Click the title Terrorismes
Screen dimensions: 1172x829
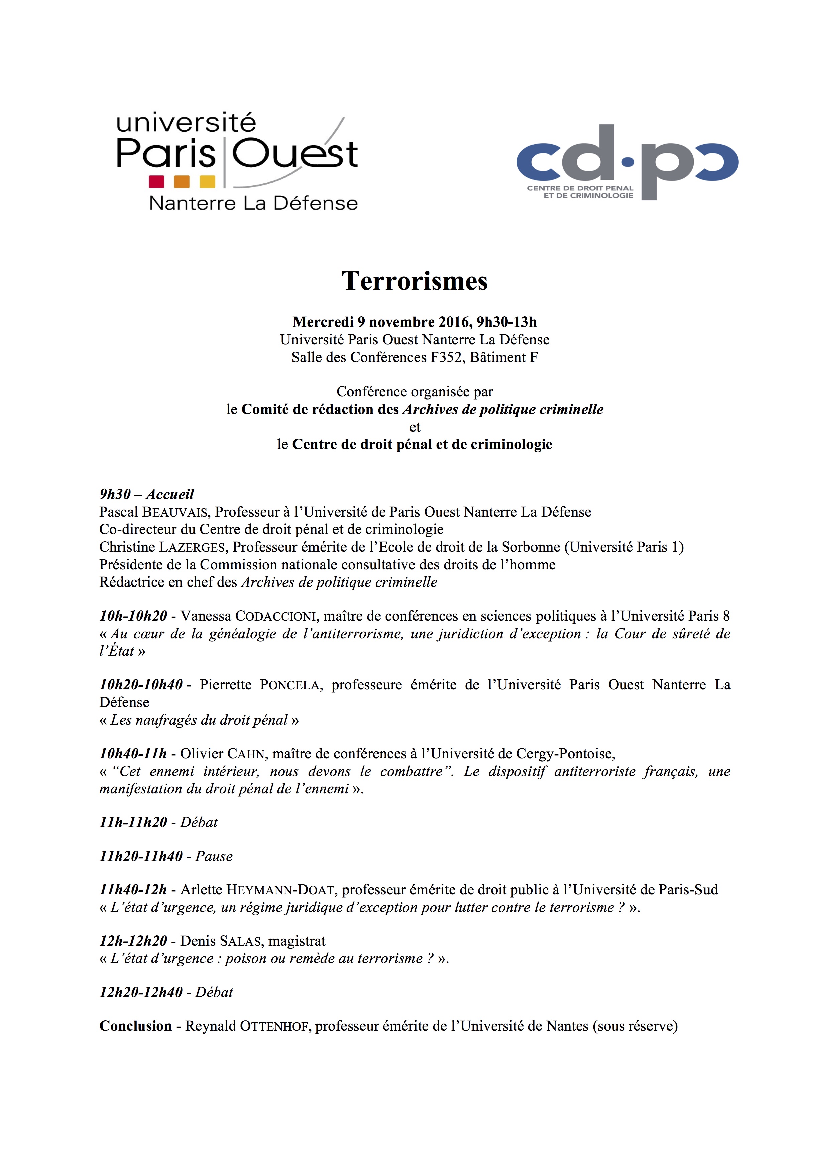point(414,281)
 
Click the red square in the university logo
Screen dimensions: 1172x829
point(156,182)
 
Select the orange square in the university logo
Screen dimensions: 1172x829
point(182,182)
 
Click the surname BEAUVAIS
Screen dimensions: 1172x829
point(174,512)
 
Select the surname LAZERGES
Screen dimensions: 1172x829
point(192,547)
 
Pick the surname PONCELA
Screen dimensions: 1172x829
point(290,685)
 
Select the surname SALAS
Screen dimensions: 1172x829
point(241,941)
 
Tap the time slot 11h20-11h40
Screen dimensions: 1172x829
point(141,856)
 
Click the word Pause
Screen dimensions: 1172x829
point(214,856)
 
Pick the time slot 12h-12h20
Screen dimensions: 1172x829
point(133,941)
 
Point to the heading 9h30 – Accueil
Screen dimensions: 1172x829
point(146,494)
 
